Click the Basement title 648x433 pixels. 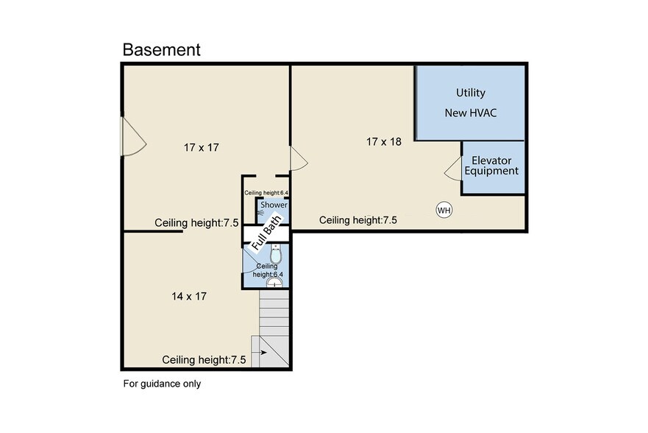click(161, 49)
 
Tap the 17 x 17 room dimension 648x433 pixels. click(202, 147)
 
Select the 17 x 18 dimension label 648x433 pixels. click(383, 142)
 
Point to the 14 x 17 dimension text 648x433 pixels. click(189, 297)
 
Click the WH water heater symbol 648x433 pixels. click(444, 210)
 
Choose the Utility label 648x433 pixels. click(470, 93)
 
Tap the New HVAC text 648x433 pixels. click(470, 113)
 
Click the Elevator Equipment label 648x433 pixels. click(491, 166)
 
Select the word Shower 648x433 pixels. click(274, 205)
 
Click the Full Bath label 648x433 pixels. click(267, 233)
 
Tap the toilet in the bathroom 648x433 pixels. click(276, 254)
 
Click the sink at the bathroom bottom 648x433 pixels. click(275, 283)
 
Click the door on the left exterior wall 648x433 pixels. click(133, 136)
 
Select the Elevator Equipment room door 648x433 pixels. click(453, 169)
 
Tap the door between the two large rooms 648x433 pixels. click(299, 158)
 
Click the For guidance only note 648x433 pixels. click(162, 384)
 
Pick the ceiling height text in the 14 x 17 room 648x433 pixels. click(204, 360)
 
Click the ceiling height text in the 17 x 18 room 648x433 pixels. click(358, 220)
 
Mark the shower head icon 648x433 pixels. click(261, 212)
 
